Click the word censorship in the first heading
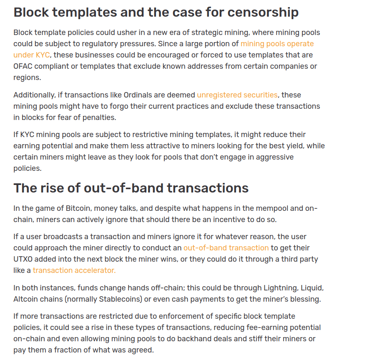click(x=263, y=12)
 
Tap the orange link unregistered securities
click(x=237, y=95)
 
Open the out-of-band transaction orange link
click(x=226, y=248)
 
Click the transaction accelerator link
click(x=74, y=270)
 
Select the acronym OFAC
click(x=23, y=66)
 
